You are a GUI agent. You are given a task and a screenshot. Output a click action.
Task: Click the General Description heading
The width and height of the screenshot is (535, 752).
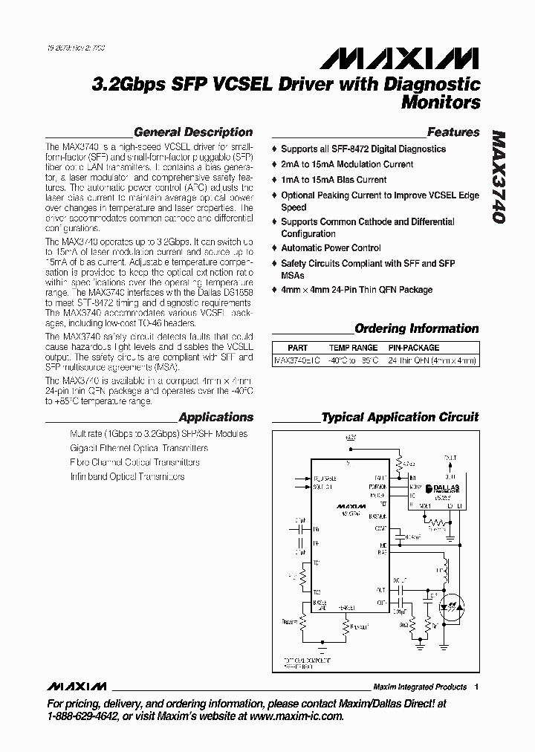[193, 132]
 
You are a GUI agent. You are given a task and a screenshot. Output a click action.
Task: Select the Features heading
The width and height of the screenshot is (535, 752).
[453, 132]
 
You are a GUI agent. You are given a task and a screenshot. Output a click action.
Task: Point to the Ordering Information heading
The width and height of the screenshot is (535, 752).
[416, 328]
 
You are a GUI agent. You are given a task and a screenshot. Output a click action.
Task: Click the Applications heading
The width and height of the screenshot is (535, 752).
[216, 418]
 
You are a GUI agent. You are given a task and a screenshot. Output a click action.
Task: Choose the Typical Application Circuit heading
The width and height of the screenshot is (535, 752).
[400, 418]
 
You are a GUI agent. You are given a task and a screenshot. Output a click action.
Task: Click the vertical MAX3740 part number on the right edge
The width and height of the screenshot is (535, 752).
[499, 179]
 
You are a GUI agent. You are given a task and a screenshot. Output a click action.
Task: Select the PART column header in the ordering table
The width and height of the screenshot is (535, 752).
[298, 348]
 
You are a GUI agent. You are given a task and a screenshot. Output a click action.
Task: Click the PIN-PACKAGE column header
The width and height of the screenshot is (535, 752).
[414, 348]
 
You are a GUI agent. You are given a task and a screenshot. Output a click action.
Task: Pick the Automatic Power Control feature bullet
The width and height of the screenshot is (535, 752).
[331, 248]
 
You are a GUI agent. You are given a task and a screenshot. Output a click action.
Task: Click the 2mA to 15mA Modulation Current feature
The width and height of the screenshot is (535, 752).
[347, 164]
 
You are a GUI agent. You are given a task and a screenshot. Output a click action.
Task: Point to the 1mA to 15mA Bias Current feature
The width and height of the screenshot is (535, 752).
[334, 180]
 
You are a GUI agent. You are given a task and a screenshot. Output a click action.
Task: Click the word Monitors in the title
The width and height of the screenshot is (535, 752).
[441, 103]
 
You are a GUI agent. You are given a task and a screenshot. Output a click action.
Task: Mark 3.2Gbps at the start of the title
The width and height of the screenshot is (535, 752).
[124, 84]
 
